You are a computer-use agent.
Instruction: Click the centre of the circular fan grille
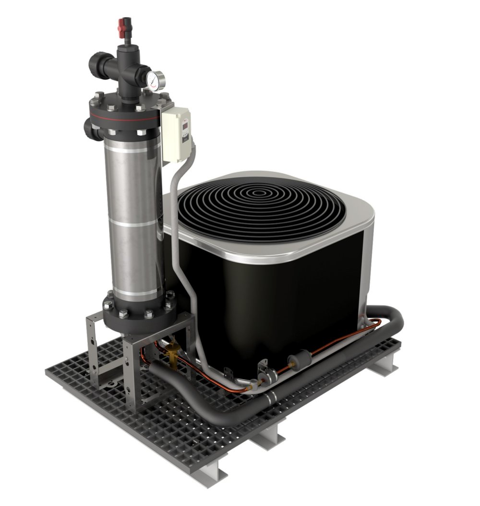[261, 194]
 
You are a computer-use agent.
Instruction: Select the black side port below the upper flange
[89, 128]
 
